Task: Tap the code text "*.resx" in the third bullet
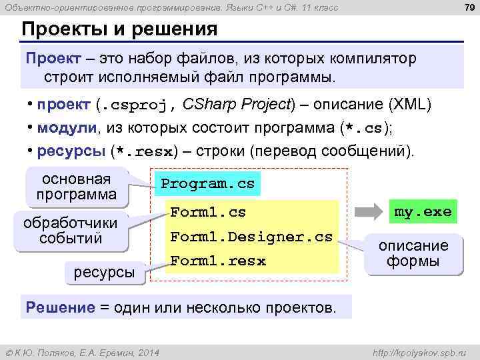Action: pyautogui.click(x=145, y=151)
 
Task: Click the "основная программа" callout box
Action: pyautogui.click(x=76, y=187)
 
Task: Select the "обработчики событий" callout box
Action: pyautogui.click(x=70, y=230)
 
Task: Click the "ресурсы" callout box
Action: pyautogui.click(x=103, y=271)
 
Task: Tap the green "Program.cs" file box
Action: pyautogui.click(x=207, y=183)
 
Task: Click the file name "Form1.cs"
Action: pyautogui.click(x=208, y=213)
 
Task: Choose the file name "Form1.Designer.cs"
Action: pyautogui.click(x=251, y=237)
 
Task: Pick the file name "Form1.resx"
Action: pyautogui.click(x=218, y=261)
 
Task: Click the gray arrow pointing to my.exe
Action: pyautogui.click(x=369, y=213)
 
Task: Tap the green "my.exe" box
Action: pyautogui.click(x=423, y=212)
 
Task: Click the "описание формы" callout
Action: pyautogui.click(x=414, y=253)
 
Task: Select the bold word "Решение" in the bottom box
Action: pyautogui.click(x=60, y=307)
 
